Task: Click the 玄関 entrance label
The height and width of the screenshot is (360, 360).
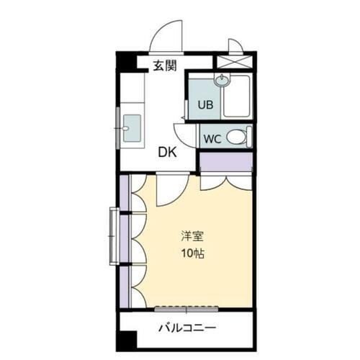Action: [x=165, y=66]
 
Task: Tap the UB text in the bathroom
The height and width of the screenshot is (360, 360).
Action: [x=205, y=104]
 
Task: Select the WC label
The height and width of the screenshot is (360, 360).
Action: [x=212, y=137]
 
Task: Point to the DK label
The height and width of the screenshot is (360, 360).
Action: [x=167, y=152]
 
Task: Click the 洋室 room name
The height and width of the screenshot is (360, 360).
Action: [x=191, y=236]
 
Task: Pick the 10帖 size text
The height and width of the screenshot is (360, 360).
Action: [x=191, y=253]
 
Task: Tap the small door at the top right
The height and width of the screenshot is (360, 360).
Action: [x=234, y=45]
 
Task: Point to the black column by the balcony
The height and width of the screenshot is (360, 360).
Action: [x=127, y=339]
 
